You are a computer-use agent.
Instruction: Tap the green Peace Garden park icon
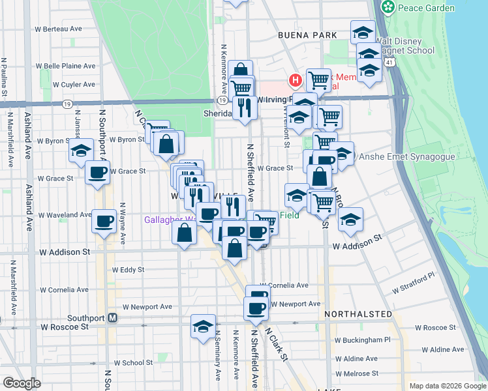click(x=388, y=7)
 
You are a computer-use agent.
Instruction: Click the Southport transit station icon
click(x=112, y=318)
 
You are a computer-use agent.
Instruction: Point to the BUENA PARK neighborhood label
click(x=307, y=35)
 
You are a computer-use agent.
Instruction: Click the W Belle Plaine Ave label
click(x=65, y=66)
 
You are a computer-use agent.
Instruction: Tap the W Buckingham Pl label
click(x=362, y=340)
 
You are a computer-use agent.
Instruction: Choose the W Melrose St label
click(x=356, y=373)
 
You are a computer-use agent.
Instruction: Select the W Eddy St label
click(x=128, y=269)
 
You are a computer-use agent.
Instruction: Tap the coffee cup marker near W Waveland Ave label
click(x=104, y=221)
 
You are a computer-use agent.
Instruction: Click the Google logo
click(x=22, y=383)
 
